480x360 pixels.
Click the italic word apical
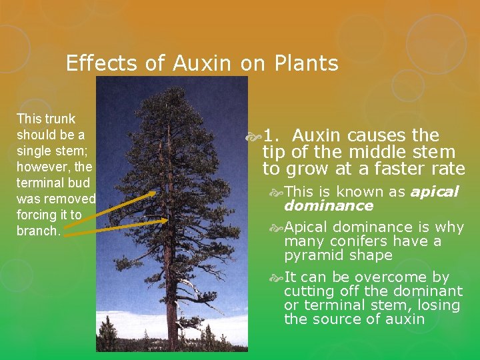435,192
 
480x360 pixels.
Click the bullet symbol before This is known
277,193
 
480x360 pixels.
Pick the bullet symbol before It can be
277,278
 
